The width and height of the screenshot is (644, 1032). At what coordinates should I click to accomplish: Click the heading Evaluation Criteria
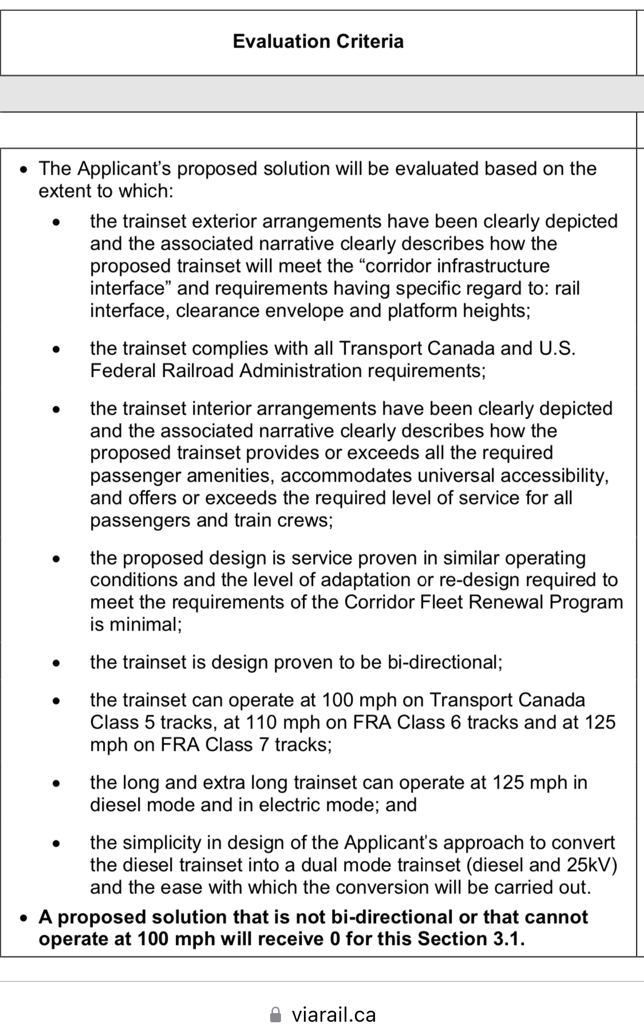318,41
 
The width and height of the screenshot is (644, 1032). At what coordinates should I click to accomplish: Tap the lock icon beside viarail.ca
275,1015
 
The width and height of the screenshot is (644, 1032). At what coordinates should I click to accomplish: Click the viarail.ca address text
333,1015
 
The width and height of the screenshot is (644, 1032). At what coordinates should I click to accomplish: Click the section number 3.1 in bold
508,939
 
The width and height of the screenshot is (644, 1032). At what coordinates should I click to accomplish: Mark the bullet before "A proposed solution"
23,917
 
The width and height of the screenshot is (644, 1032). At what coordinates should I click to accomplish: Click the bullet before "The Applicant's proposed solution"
23,169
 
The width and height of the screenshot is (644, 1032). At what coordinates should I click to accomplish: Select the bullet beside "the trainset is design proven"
56,663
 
